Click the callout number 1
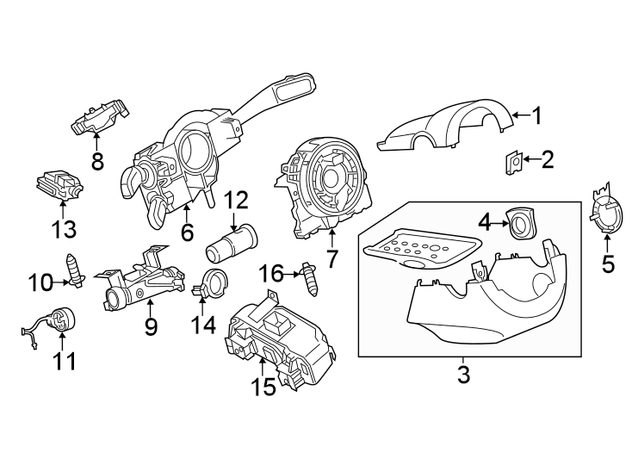(536, 115)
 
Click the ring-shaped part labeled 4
(520, 224)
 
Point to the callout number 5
(609, 263)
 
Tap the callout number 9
(152, 326)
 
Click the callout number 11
(64, 362)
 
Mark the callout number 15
(265, 387)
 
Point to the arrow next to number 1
(517, 114)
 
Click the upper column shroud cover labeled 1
(448, 127)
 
